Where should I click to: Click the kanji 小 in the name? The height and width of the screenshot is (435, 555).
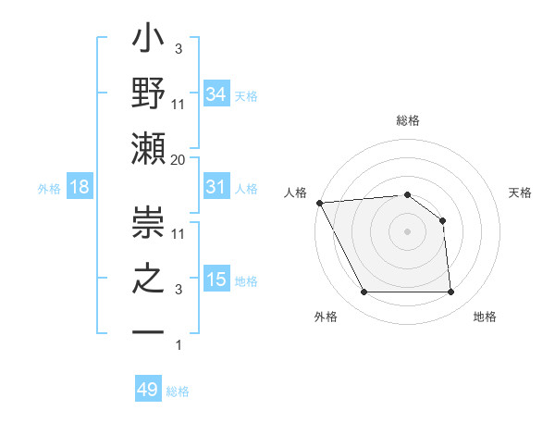(x=148, y=42)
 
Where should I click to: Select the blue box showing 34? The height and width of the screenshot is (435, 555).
(x=216, y=93)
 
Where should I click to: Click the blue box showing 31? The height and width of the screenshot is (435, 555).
(x=216, y=187)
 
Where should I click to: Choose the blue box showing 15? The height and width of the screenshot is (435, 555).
(x=216, y=280)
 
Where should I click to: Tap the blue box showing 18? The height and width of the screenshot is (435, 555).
(x=79, y=187)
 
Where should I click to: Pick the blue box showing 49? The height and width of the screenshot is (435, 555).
(x=147, y=390)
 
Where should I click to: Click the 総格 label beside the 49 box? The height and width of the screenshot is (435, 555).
(x=178, y=391)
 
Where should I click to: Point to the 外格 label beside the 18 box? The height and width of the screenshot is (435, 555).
(x=49, y=188)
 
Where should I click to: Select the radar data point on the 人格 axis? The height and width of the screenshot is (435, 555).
(x=319, y=203)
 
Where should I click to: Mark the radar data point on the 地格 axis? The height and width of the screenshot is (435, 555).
(x=450, y=292)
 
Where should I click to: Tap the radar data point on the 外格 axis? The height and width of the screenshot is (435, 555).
(x=364, y=292)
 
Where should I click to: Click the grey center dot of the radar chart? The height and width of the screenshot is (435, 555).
(x=407, y=231)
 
